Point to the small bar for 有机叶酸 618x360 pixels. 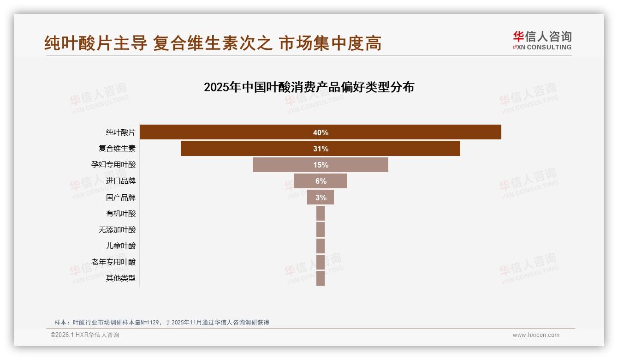tap(321, 213)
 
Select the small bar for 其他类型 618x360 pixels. tap(321, 278)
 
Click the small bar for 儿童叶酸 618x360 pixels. tap(321, 246)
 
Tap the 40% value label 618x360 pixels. tap(321, 132)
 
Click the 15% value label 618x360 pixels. tap(321, 165)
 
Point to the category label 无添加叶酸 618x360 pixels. tap(117, 229)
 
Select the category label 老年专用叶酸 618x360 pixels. tap(113, 262)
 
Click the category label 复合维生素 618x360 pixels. tap(117, 149)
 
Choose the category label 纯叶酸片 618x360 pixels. tap(121, 132)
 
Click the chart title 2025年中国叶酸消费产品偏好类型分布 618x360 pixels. tap(309, 87)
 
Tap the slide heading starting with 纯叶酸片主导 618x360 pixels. tap(213, 43)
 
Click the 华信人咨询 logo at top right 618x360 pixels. tap(542, 40)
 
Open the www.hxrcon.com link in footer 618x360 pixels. tap(536, 335)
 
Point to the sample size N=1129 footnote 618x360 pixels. tap(161, 322)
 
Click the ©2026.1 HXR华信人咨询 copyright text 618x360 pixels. tap(85, 335)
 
